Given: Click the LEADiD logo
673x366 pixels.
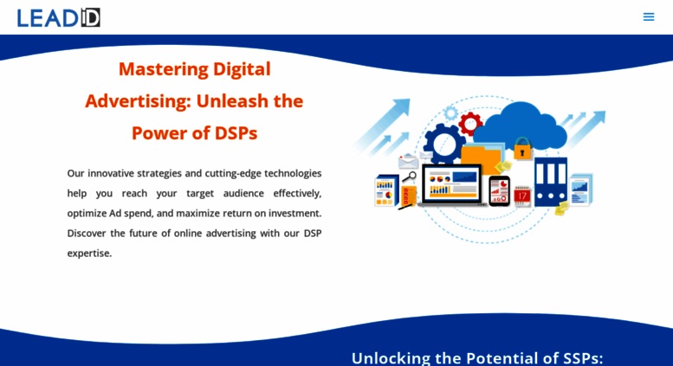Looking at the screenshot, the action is (58, 17).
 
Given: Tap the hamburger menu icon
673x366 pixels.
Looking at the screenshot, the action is (649, 16).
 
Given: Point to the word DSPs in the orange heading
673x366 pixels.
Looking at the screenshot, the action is (236, 133).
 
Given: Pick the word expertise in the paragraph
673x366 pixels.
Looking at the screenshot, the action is (89, 254).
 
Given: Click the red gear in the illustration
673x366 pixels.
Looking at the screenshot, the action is (470, 124).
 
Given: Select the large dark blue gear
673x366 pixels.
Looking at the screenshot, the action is (443, 144).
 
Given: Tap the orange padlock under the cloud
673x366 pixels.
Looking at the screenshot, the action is (522, 148).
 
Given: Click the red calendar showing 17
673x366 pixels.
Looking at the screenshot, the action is (522, 196).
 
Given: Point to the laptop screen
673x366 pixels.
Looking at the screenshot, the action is (452, 183).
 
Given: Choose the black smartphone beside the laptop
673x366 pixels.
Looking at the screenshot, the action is (499, 190).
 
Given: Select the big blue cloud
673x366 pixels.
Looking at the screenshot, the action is (521, 126).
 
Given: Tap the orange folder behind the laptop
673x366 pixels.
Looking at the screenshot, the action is (481, 157).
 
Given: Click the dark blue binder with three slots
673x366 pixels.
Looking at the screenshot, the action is (551, 182).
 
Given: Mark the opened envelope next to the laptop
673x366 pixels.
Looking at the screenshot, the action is (408, 161).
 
